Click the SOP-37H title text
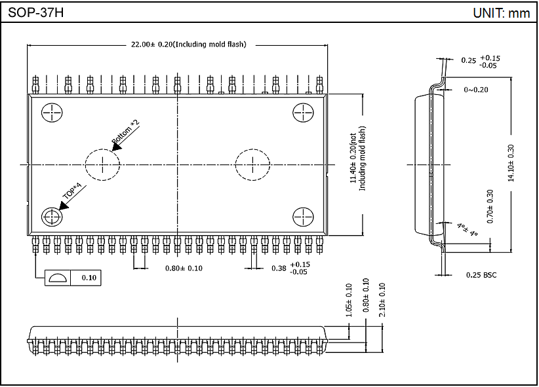(36, 12)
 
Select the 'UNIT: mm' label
(501, 12)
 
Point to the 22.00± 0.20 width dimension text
(188, 45)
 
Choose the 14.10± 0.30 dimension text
(510, 164)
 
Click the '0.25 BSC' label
(481, 275)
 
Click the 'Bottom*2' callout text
(126, 132)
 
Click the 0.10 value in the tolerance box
(89, 278)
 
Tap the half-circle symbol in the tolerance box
(57, 278)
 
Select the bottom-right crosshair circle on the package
(302, 217)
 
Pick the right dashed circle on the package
(252, 164)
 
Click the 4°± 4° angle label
(467, 229)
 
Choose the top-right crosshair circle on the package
(302, 113)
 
